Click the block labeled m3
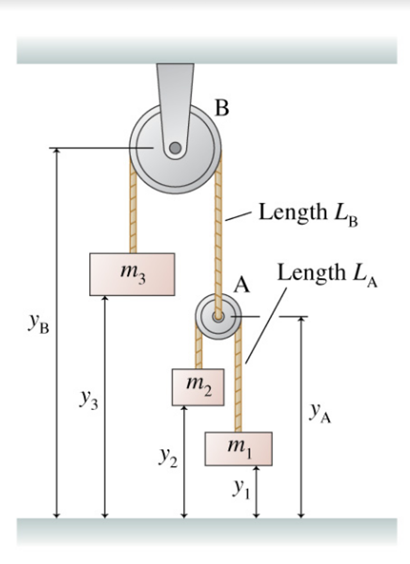(132, 274)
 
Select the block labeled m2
(198, 387)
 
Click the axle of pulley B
(175, 148)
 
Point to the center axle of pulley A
(218, 317)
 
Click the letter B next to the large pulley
(222, 108)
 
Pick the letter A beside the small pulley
(242, 285)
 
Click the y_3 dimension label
(89, 400)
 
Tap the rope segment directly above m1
(238, 386)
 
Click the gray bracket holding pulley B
(175, 96)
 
